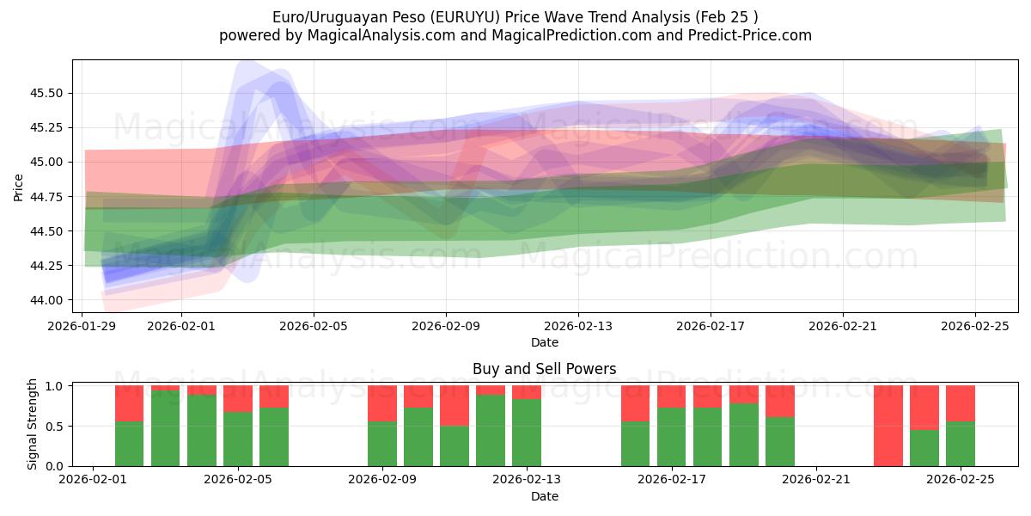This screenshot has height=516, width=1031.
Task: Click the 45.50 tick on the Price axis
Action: (48, 93)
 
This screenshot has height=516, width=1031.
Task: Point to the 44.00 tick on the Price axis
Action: (48, 300)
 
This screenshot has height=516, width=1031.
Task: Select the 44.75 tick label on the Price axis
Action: (48, 197)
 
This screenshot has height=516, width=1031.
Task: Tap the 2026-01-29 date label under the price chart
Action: (82, 327)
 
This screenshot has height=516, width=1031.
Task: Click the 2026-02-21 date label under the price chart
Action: (842, 327)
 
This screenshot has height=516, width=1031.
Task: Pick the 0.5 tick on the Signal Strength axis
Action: (56, 427)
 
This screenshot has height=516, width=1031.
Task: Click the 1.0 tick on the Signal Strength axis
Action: (56, 386)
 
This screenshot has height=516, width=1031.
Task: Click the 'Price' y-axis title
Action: (19, 187)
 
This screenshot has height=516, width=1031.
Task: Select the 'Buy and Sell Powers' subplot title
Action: (544, 369)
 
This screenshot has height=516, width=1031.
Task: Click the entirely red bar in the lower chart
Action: (888, 426)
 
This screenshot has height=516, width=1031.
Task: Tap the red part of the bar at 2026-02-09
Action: (381, 403)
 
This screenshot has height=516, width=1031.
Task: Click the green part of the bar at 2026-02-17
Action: (671, 437)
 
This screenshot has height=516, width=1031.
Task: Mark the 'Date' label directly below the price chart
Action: (545, 342)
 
